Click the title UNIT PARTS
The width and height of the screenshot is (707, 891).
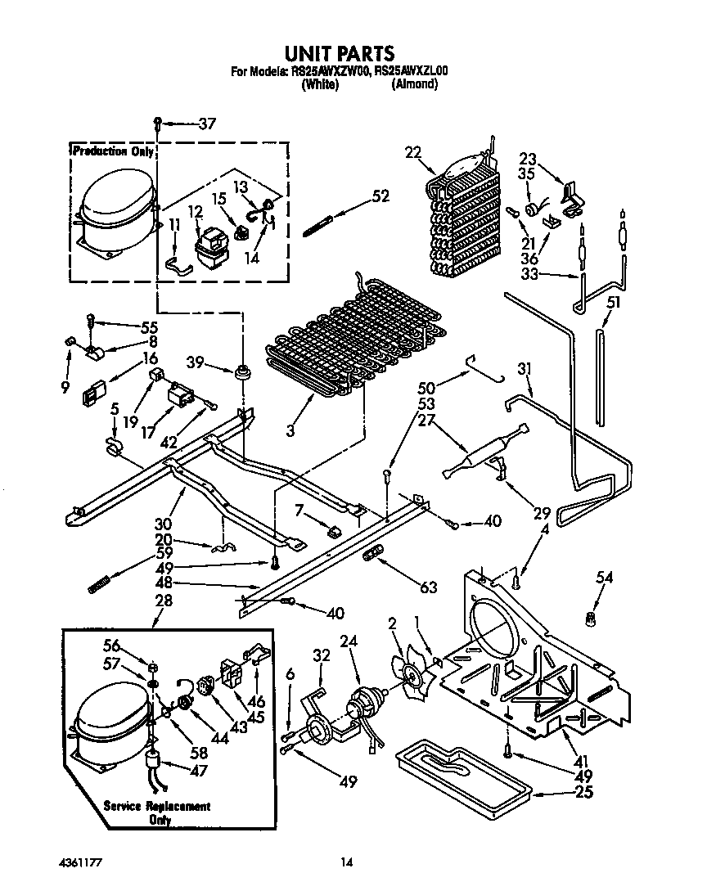(x=339, y=53)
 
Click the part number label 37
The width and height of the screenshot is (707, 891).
(x=207, y=124)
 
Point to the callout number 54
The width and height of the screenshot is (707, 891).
(x=604, y=578)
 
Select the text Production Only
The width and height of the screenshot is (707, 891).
(x=111, y=151)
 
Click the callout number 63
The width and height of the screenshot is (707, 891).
(x=427, y=587)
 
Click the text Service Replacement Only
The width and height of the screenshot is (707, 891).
(x=157, y=812)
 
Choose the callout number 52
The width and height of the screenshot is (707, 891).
(x=380, y=196)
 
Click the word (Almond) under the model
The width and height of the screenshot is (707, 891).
(x=413, y=84)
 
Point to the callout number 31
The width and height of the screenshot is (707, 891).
(x=524, y=371)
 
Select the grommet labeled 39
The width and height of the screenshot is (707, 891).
(x=241, y=373)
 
